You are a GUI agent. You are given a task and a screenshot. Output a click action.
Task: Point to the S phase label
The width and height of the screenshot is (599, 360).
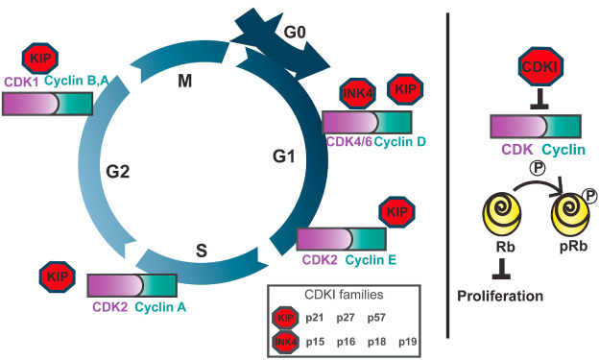click(x=201, y=251)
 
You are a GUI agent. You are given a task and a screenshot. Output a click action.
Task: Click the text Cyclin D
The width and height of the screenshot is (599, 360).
click(x=400, y=142)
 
